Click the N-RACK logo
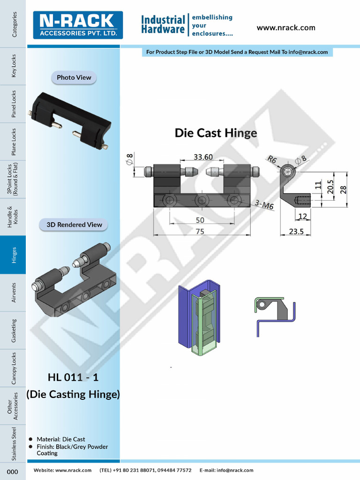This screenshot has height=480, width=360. [x=78, y=25]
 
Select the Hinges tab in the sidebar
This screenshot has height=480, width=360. [x=14, y=255]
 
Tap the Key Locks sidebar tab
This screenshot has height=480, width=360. [x=14, y=66]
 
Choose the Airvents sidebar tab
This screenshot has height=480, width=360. [x=14, y=292]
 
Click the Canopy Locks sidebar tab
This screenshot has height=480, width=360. [x=14, y=368]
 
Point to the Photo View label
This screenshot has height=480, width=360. [x=74, y=77]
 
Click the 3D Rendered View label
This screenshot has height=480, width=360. [x=74, y=225]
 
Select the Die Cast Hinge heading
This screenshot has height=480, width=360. [x=216, y=133]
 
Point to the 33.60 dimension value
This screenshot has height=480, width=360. [x=203, y=157]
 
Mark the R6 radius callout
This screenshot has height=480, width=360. [x=272, y=159]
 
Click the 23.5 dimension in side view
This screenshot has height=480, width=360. [x=295, y=231]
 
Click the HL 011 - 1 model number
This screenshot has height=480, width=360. [x=73, y=377]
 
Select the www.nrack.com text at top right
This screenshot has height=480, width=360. [x=286, y=28]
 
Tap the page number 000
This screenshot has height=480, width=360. [x=13, y=471]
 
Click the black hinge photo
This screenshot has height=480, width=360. [x=70, y=120]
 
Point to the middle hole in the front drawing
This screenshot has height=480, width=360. [x=202, y=201]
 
